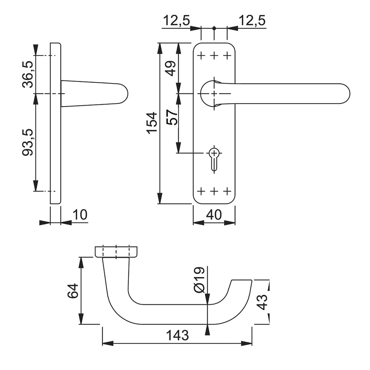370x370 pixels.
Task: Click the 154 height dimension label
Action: [152, 122]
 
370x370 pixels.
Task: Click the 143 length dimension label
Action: [177, 335]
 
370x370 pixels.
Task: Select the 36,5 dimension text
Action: [28, 75]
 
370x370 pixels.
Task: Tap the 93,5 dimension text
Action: [28, 142]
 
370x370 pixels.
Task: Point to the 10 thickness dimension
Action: [80, 215]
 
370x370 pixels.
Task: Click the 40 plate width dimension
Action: [214, 215]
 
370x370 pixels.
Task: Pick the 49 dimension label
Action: [171, 68]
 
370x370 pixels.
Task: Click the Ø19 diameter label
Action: [199, 280]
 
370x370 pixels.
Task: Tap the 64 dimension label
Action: [73, 291]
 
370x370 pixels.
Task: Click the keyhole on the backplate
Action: [214, 158]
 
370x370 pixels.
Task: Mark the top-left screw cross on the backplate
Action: [201, 56]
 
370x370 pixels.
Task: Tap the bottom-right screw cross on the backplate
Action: [227, 190]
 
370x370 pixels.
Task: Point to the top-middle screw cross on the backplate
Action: [214, 56]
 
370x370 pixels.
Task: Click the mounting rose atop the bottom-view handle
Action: [116, 251]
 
